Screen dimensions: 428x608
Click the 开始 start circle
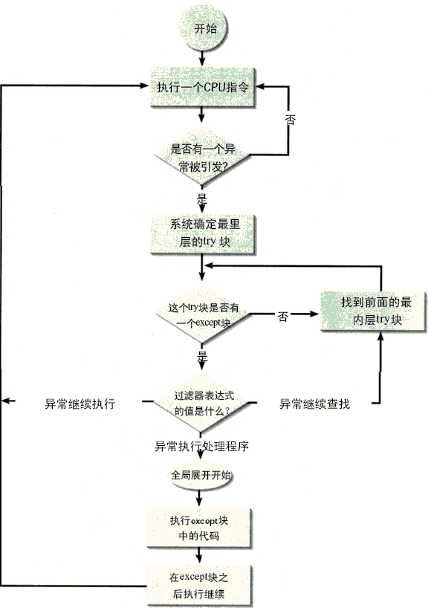[203, 28]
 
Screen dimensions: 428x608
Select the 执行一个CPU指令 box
[203, 87]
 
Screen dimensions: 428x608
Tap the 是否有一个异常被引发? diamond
[202, 156]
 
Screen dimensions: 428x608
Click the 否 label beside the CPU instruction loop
[291, 119]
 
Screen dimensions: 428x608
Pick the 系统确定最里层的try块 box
[203, 234]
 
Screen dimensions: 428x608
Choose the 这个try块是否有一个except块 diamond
[203, 314]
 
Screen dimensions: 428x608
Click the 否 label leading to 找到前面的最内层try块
[283, 317]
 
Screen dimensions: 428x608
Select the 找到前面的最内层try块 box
[374, 311]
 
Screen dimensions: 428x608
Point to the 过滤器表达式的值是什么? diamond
[201, 403]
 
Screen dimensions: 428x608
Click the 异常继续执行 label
[80, 404]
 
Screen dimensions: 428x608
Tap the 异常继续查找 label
[314, 404]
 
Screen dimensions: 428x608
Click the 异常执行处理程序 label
[201, 446]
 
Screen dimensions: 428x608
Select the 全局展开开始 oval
[201, 476]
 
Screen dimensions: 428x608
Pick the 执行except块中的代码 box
[199, 528]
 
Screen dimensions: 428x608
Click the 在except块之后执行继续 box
[199, 586]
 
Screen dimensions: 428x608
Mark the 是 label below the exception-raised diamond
[202, 199]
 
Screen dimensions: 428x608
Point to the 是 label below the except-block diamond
[202, 356]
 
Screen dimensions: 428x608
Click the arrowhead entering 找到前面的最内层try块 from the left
[314, 314]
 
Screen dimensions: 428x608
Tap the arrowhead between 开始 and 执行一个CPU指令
[201, 62]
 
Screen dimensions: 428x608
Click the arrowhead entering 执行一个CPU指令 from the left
[144, 85]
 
